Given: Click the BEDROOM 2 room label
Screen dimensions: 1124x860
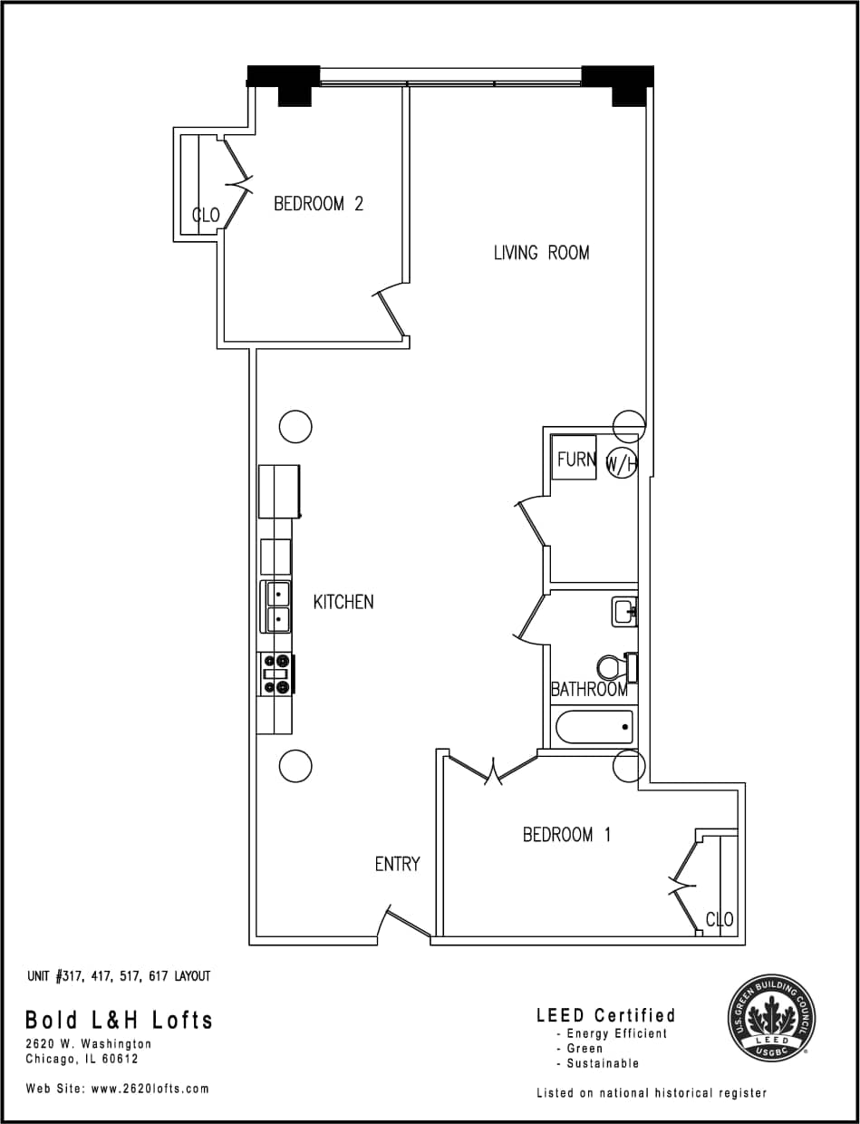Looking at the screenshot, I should tap(318, 204).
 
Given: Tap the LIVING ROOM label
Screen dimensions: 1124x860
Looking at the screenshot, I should tap(541, 253).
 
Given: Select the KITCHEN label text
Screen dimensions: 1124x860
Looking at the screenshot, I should tap(343, 602).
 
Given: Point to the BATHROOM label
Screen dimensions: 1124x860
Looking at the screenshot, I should tap(589, 689).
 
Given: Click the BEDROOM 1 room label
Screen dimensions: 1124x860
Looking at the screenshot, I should tap(566, 835).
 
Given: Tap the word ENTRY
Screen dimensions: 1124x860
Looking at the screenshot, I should tap(397, 865).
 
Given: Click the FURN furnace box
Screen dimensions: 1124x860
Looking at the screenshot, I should tap(575, 459).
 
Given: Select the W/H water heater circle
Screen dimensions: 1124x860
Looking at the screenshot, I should tap(623, 464).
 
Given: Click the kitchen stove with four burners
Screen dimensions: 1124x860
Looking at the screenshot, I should tap(276, 674).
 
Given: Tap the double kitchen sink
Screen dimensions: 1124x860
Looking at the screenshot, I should tap(276, 606).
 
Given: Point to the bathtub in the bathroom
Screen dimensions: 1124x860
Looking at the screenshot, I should tap(594, 727).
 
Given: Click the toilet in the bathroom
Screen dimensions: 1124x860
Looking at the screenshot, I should tap(616, 667).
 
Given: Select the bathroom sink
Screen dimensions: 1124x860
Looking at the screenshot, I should tap(624, 612).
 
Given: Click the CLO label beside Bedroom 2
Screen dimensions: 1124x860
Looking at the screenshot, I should tap(206, 215).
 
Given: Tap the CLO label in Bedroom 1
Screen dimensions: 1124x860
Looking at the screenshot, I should tap(720, 919).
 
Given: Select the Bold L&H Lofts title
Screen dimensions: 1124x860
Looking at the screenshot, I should tap(119, 1020).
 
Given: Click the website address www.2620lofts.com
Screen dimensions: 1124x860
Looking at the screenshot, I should tap(150, 1089).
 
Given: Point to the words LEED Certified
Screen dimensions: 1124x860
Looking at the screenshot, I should tap(605, 1015).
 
